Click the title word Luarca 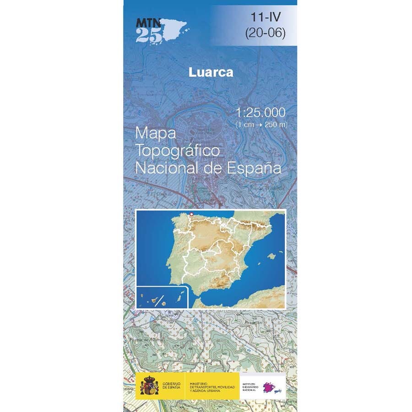tap(211, 72)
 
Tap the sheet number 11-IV tap(265, 18)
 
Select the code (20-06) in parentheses tap(265, 33)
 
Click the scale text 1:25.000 tap(261, 112)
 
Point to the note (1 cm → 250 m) tap(261, 124)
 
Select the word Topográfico tap(178, 150)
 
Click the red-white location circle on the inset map tap(191, 214)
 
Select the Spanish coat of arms tap(149, 385)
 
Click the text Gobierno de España tap(171, 385)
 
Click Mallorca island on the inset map tap(273, 255)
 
